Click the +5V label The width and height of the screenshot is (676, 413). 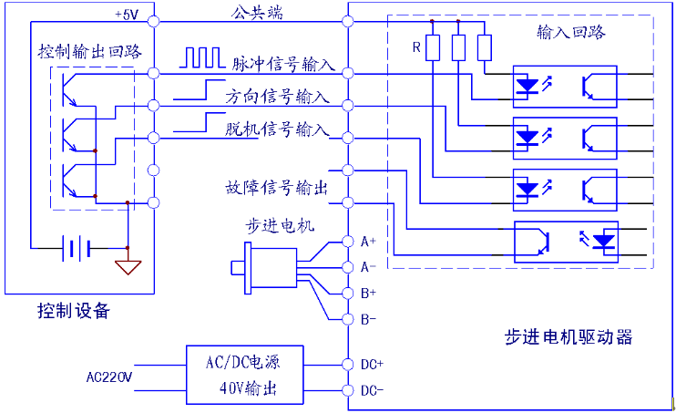point(127,15)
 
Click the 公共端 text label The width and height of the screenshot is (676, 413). point(257,13)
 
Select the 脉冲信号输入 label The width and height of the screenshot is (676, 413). point(283,64)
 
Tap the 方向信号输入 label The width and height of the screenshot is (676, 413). point(277,97)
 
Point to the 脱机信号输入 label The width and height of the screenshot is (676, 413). point(277,129)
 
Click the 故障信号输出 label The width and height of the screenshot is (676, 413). point(276,188)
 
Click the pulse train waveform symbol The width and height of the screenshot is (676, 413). point(202,57)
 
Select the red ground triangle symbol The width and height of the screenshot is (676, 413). point(128,267)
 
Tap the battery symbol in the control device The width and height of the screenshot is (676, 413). point(77,248)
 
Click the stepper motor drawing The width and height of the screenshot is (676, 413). point(264,268)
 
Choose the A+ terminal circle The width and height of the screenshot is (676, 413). point(348,242)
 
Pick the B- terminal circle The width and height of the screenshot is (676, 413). point(348,319)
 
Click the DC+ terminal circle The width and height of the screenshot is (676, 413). point(348,365)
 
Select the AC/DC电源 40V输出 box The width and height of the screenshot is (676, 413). point(245,375)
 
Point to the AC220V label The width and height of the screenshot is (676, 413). point(109,377)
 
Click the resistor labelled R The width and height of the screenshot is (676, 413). point(433,48)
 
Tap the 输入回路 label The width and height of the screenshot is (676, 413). point(571,33)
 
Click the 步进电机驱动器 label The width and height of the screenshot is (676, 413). point(568,337)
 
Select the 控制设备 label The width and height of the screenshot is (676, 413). point(74,311)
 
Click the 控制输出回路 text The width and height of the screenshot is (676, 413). point(89,51)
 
